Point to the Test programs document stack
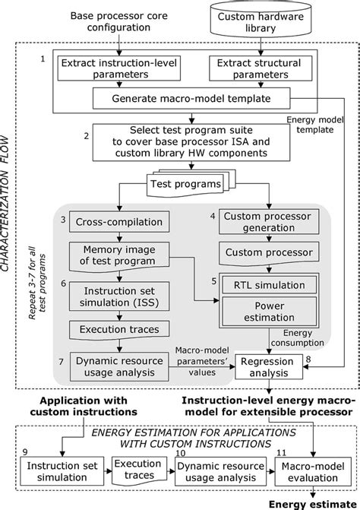tap(185, 184)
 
